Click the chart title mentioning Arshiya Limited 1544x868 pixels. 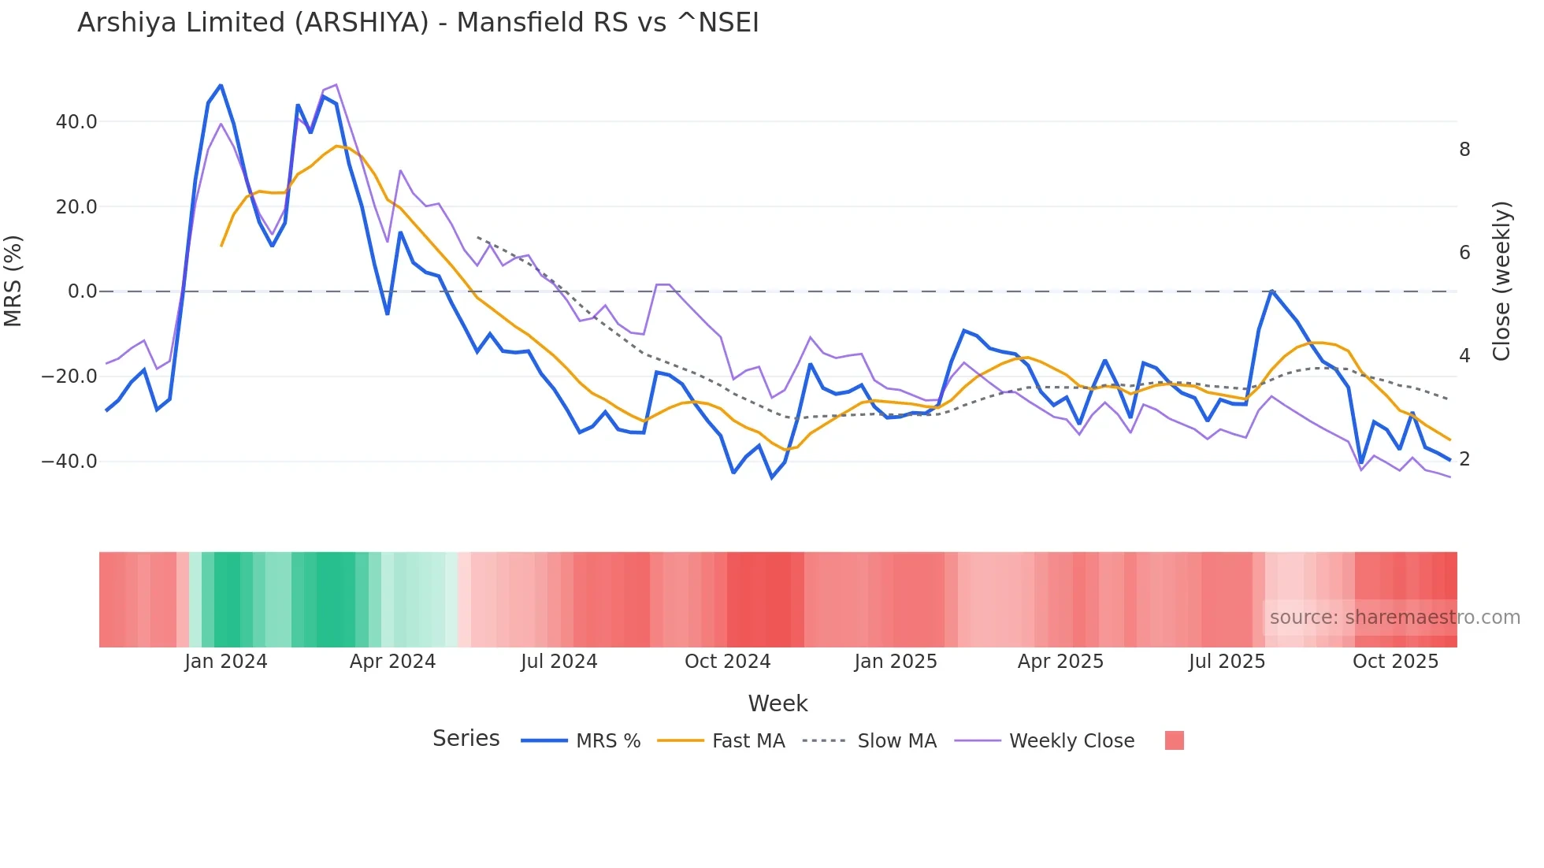click(x=418, y=23)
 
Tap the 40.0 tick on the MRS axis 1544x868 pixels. click(x=76, y=122)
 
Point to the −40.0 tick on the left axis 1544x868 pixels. click(x=69, y=462)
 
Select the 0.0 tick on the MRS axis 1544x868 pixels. click(x=83, y=291)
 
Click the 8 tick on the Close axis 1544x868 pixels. click(x=1464, y=150)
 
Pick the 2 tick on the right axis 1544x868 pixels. click(x=1464, y=459)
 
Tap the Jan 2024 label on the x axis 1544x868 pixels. click(x=226, y=662)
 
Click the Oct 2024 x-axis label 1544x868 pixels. click(x=727, y=662)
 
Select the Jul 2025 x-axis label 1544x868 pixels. click(x=1227, y=662)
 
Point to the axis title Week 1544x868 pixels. click(x=778, y=703)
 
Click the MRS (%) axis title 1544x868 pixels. click(x=13, y=281)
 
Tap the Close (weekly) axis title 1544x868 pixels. click(x=1501, y=281)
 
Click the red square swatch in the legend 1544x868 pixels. click(x=1174, y=740)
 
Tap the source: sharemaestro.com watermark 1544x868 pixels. click(x=1394, y=618)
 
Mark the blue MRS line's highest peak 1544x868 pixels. click(x=221, y=85)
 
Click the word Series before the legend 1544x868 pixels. click(x=466, y=739)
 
